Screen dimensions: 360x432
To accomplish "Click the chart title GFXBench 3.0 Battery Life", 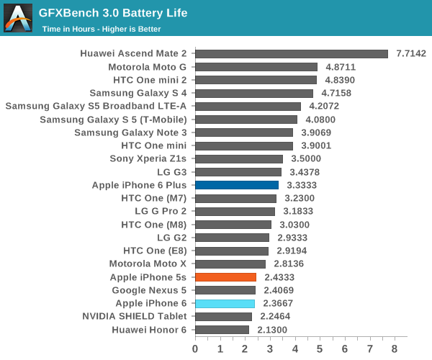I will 113,13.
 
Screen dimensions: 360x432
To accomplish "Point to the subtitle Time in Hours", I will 101,30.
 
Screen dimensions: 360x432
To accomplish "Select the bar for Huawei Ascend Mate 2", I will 292,54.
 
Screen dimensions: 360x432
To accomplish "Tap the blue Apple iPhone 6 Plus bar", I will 237,185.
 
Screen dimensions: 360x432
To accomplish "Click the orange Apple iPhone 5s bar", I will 225,277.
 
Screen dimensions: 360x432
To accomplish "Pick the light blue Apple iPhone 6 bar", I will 225,303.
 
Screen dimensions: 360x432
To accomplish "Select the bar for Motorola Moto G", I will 256,67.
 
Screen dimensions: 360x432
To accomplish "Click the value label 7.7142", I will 411,54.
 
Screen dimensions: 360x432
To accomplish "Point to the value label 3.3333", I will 302,185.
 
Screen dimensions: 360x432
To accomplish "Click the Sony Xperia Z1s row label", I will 148,159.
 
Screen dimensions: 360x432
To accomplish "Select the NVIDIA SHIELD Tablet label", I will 134,316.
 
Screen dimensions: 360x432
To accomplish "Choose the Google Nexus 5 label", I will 149,290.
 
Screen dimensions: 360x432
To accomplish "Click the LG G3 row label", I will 171,172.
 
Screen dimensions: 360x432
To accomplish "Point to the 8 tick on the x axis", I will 395,348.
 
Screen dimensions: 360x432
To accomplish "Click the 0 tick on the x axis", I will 195,348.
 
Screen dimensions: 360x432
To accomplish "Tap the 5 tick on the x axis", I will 320,348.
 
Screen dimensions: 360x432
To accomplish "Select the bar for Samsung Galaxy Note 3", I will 244,132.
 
